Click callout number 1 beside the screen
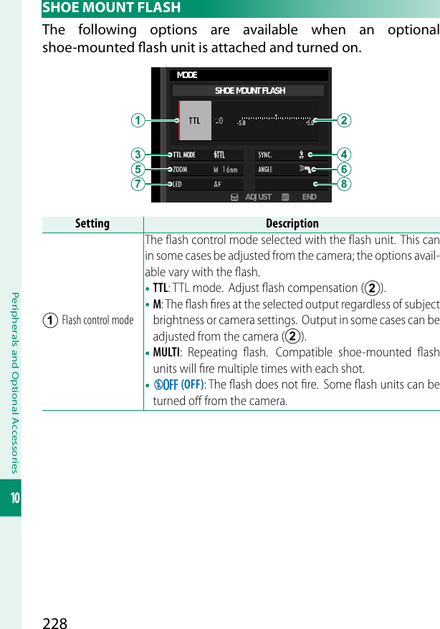coord(135,120)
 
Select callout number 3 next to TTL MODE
coord(135,155)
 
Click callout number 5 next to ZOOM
coord(135,170)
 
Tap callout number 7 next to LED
coord(135,185)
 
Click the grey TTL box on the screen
coord(194,120)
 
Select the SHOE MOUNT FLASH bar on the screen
coord(249,91)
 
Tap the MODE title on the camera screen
coord(187,75)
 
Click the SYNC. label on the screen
coord(265,155)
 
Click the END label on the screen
coord(309,197)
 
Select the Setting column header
coord(92,224)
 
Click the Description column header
coord(292,224)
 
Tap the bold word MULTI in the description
coord(166,353)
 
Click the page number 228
coord(55,623)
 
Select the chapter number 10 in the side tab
coord(11,496)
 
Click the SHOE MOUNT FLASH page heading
coord(112,9)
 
